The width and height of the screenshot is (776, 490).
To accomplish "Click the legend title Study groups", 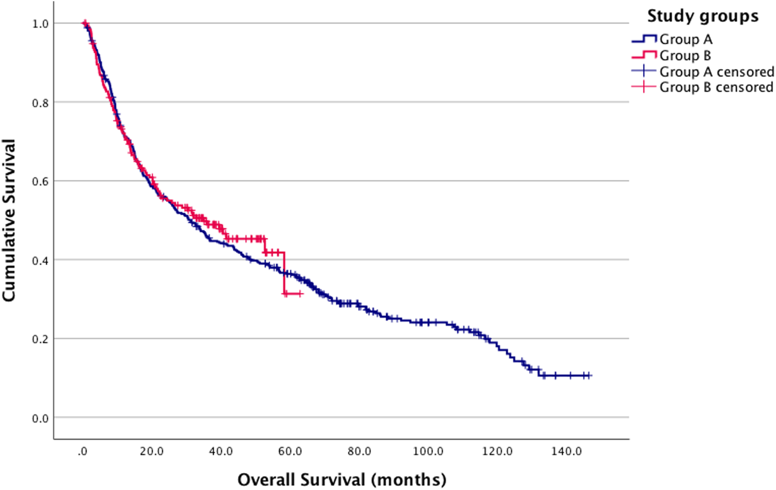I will (x=702, y=16).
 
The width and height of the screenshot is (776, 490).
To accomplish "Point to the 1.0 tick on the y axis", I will (x=40, y=24).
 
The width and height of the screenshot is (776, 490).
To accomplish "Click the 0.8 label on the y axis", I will (x=40, y=103).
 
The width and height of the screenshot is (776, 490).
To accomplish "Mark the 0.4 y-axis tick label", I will (x=40, y=261).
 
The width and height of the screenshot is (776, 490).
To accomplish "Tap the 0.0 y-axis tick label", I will (x=40, y=418).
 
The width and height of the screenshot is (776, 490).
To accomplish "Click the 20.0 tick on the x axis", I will (x=152, y=452).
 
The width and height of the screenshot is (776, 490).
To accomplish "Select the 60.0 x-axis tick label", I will (x=290, y=452).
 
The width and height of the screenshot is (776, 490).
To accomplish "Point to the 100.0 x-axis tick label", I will (x=428, y=452).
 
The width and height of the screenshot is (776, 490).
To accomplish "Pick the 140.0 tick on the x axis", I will (x=566, y=452).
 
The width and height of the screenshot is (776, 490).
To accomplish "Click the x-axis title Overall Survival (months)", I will (x=341, y=480).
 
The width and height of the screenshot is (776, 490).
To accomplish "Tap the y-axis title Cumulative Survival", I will (x=9, y=220).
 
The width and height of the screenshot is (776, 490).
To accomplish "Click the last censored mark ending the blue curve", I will (x=588, y=376).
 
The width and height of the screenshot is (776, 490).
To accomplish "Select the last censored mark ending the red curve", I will (x=300, y=294).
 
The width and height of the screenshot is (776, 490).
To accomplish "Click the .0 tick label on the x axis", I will (x=82, y=452).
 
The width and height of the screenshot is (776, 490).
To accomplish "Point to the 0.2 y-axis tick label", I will (x=40, y=339).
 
